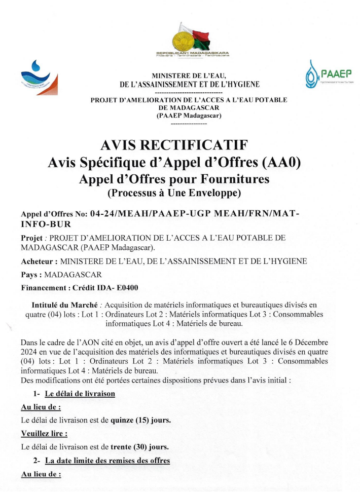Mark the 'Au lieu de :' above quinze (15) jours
41,406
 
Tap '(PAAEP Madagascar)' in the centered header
189,116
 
